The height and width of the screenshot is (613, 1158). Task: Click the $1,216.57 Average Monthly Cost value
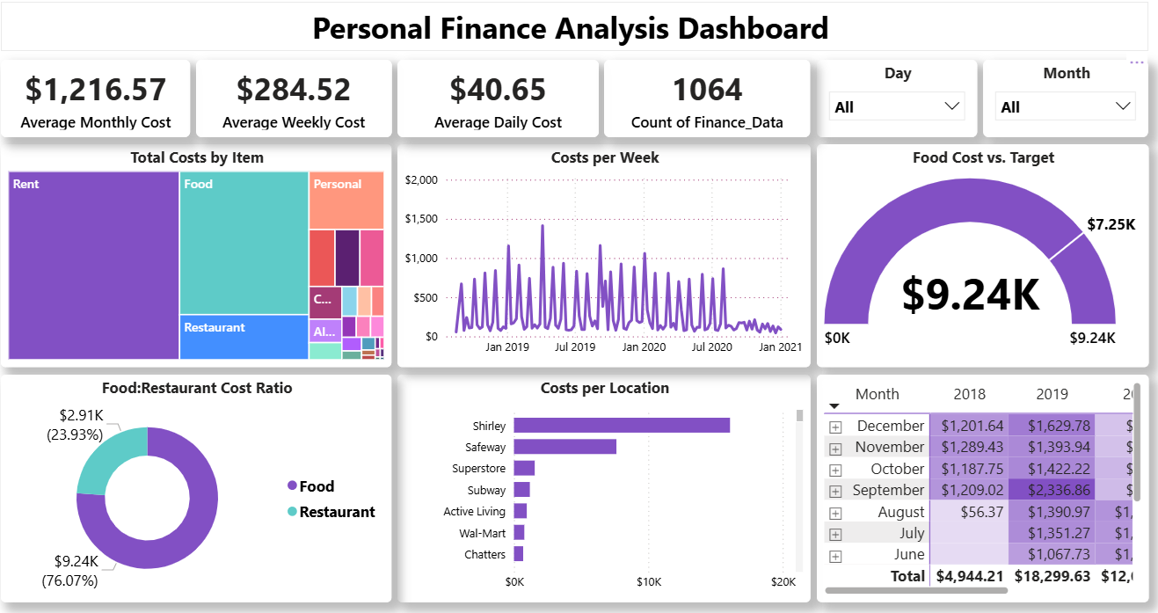[95, 90]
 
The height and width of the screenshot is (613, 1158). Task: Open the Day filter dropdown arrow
[951, 106]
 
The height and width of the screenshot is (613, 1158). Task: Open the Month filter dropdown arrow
[1123, 106]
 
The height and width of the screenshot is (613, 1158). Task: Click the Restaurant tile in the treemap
[244, 337]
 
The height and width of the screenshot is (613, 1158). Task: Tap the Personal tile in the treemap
[346, 201]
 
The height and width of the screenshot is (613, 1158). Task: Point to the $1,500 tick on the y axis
[421, 219]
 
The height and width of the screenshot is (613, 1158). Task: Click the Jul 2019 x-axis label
[575, 347]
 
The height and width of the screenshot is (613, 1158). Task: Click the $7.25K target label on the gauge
[1111, 224]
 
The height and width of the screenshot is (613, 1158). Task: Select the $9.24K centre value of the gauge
[970, 296]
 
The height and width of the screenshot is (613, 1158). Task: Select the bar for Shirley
[622, 426]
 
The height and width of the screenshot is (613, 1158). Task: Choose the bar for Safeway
[564, 447]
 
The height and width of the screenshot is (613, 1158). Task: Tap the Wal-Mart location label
[482, 533]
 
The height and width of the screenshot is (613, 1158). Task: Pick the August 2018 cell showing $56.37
[970, 512]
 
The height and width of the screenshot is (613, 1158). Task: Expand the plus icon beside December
[835, 427]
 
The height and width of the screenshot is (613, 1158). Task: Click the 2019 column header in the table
[1051, 394]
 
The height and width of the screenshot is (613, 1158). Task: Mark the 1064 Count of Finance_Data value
[707, 90]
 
